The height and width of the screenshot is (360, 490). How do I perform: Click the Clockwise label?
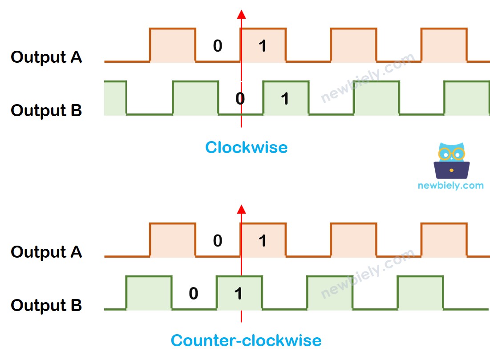(246, 147)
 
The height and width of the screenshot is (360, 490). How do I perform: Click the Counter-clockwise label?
(246, 341)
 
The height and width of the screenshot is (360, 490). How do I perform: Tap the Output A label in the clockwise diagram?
(46, 57)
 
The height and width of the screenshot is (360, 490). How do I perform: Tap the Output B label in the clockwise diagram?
(46, 110)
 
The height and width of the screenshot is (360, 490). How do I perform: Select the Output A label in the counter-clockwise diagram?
(46, 252)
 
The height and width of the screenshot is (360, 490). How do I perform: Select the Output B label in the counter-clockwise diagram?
(46, 306)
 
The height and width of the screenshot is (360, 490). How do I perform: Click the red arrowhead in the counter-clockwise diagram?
(241, 209)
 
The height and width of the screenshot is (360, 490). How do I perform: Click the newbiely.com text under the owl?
(450, 186)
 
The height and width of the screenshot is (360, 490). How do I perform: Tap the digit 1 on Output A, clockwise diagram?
(263, 46)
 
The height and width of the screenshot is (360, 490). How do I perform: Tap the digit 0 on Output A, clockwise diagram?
(218, 46)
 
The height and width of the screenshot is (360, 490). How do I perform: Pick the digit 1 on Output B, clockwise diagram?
(285, 98)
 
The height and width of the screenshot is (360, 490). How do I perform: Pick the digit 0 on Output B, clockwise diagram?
(240, 98)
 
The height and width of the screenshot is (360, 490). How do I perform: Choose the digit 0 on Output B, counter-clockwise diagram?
(193, 294)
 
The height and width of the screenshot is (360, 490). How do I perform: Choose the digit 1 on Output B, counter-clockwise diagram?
(239, 294)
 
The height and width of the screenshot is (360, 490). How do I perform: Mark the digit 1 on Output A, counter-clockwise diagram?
(263, 241)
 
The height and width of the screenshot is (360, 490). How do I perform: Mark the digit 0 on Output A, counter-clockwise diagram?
(218, 241)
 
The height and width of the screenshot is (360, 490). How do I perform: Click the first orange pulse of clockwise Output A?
(173, 45)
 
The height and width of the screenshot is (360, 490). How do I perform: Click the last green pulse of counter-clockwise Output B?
(421, 293)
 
